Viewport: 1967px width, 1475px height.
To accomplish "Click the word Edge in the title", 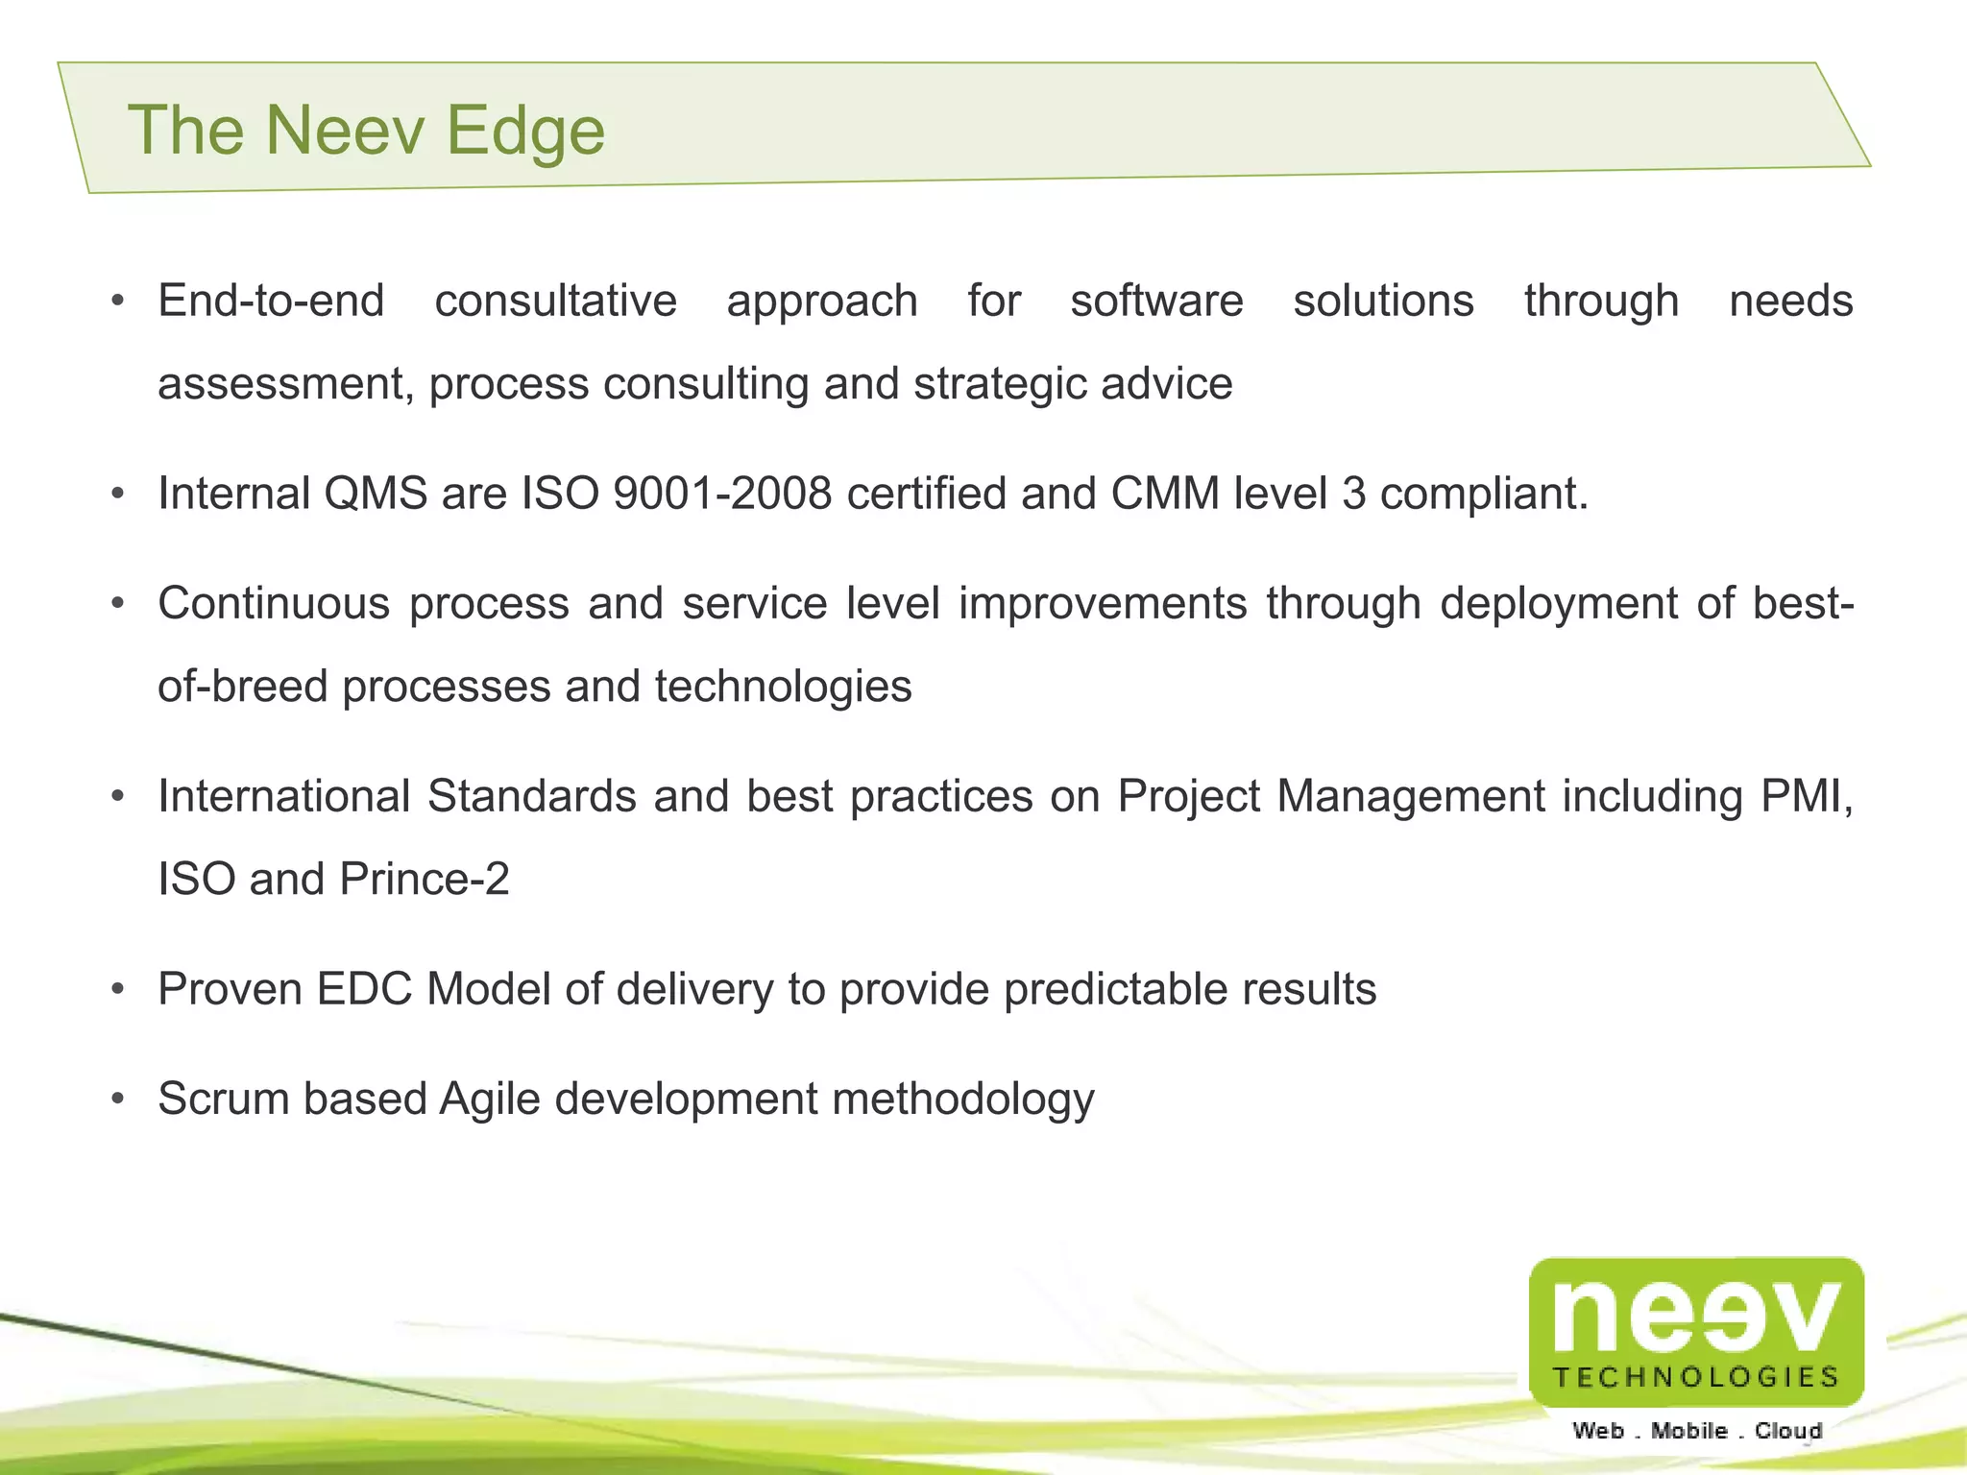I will [525, 131].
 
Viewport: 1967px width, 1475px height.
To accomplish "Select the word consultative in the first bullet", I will [555, 301].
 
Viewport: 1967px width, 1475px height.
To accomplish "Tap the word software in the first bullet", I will [1156, 301].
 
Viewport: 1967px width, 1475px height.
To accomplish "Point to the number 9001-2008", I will [722, 494].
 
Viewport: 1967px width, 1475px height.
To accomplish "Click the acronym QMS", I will [376, 494].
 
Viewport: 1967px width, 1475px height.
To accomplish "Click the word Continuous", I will [274, 604].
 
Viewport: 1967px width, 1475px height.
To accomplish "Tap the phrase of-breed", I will [242, 687].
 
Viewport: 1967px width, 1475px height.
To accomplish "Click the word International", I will [284, 797].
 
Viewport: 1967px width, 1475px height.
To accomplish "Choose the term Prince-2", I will [424, 880].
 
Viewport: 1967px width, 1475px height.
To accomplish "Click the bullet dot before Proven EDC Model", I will [117, 989].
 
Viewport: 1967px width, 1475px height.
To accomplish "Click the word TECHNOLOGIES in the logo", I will [1695, 1377].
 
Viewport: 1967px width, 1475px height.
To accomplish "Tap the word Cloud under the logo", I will [1787, 1431].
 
